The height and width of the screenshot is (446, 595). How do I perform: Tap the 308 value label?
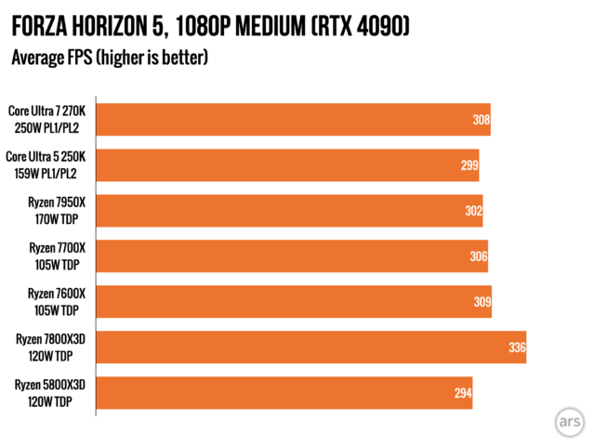click(x=481, y=121)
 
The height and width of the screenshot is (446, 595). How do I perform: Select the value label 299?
click(x=469, y=166)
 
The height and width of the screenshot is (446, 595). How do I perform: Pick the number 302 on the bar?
click(x=473, y=212)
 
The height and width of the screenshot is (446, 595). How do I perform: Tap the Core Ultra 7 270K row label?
click(x=48, y=120)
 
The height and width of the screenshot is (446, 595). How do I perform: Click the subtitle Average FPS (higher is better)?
click(x=110, y=59)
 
